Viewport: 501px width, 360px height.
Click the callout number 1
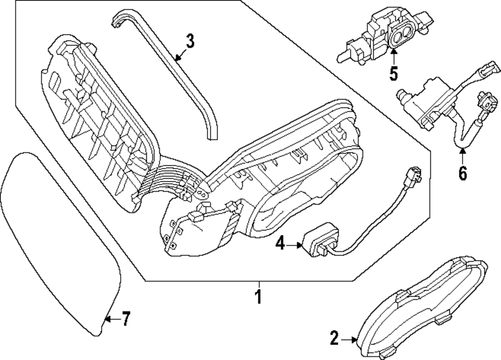(258, 297)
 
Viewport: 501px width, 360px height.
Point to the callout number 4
(280, 244)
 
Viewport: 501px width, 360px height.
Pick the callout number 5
(393, 74)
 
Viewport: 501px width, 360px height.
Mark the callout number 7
(126, 318)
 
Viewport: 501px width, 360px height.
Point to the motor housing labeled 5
(386, 33)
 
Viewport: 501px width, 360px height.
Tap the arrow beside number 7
(111, 318)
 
